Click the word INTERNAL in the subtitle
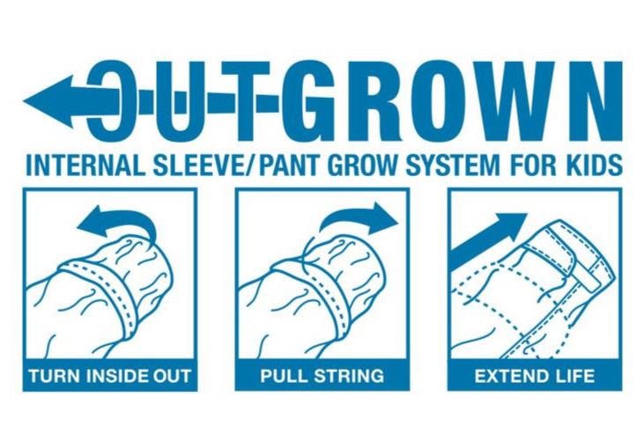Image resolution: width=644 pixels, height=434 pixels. click(x=85, y=165)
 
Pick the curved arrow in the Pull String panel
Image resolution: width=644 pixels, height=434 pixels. click(x=359, y=220)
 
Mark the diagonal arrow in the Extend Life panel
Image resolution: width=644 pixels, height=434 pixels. click(x=489, y=239)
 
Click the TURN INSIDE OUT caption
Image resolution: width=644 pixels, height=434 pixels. click(x=109, y=376)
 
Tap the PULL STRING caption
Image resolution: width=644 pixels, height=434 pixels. click(x=322, y=376)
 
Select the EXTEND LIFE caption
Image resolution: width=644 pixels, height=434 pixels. click(x=535, y=376)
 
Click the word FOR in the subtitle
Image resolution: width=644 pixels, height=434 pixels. click(x=530, y=165)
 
